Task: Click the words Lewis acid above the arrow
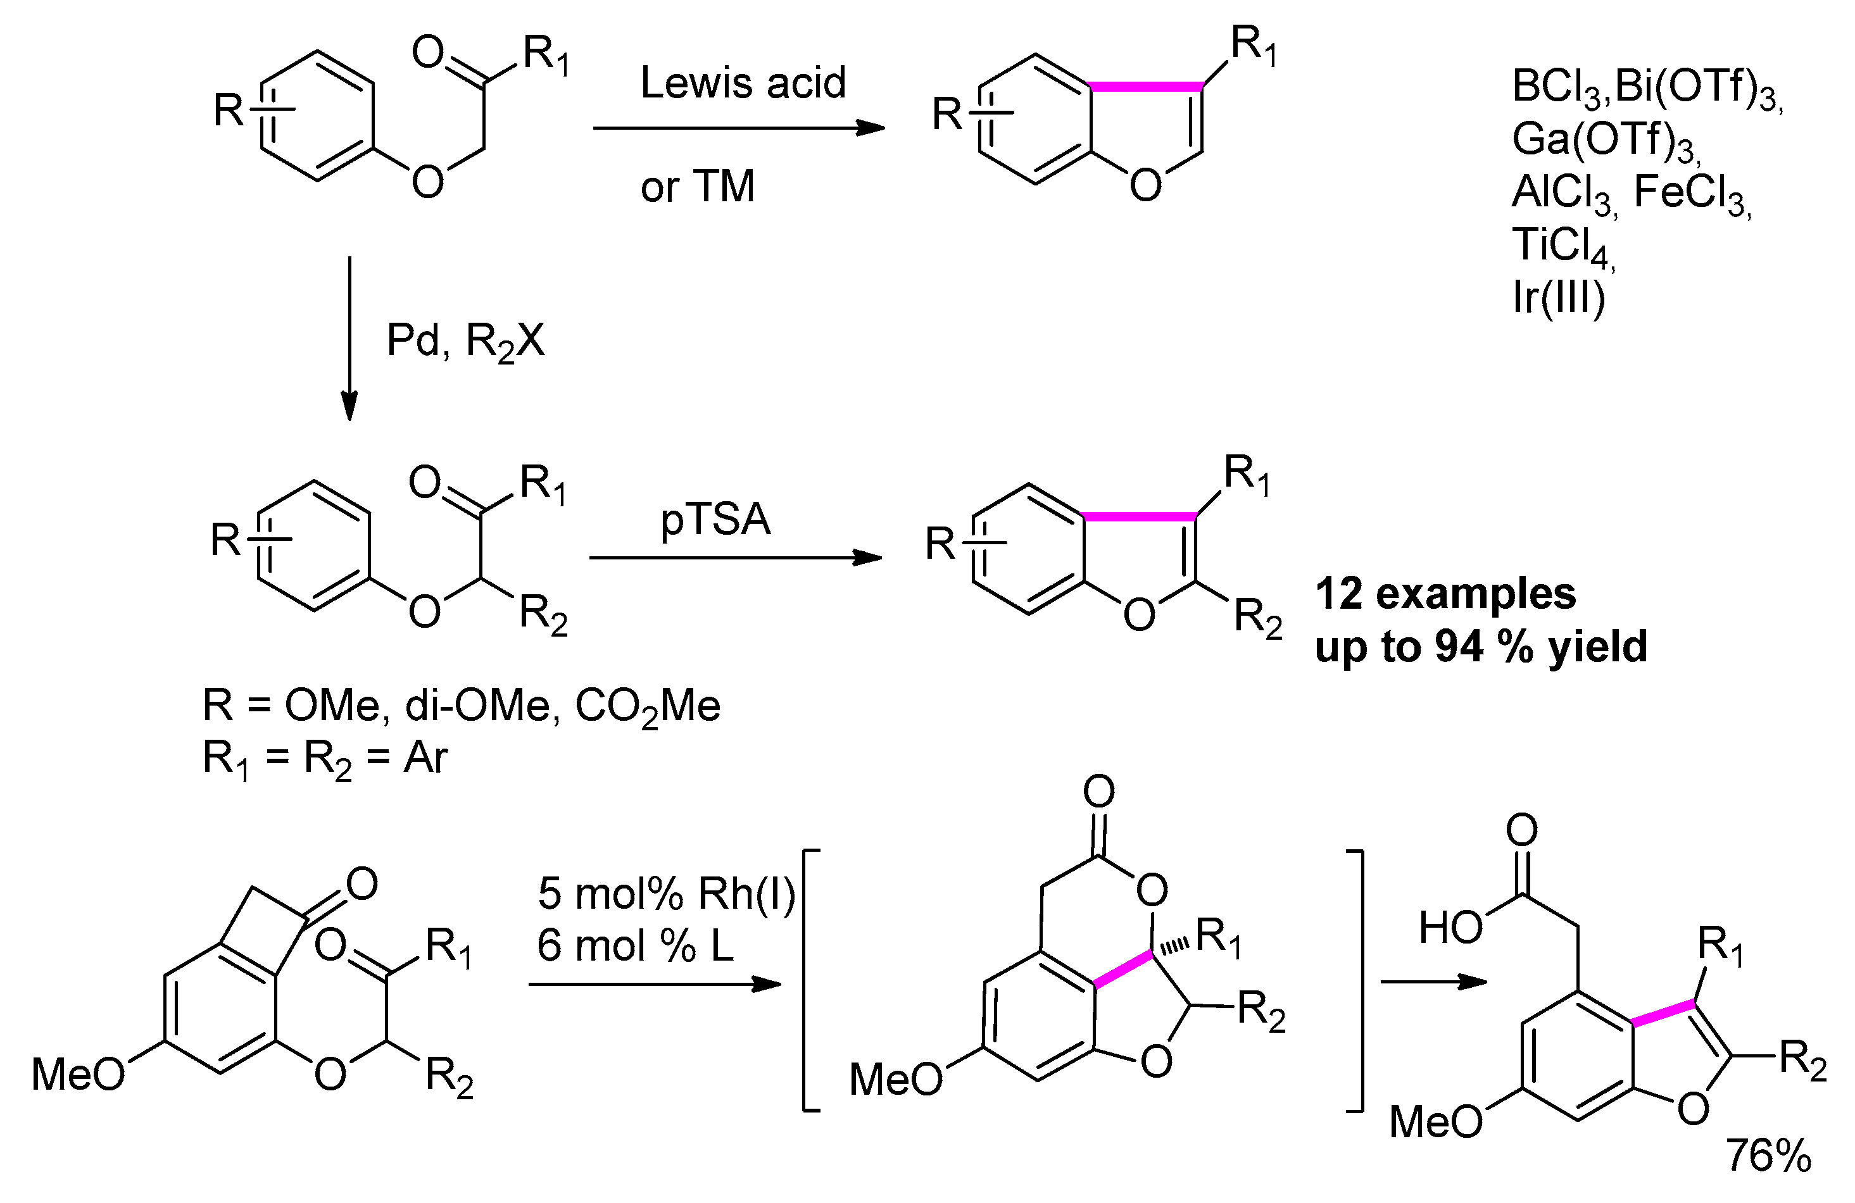pos(742,83)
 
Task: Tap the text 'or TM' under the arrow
pos(698,186)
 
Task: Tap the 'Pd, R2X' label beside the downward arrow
pos(465,341)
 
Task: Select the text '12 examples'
pos(1445,594)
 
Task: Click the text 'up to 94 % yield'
pos(1481,647)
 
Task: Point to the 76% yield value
pos(1768,1155)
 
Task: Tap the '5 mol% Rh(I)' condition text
pos(665,893)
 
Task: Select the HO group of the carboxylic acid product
pos(1450,928)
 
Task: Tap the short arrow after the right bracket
pos(1433,981)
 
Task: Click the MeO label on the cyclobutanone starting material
pos(78,1075)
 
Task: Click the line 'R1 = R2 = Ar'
pos(325,758)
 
